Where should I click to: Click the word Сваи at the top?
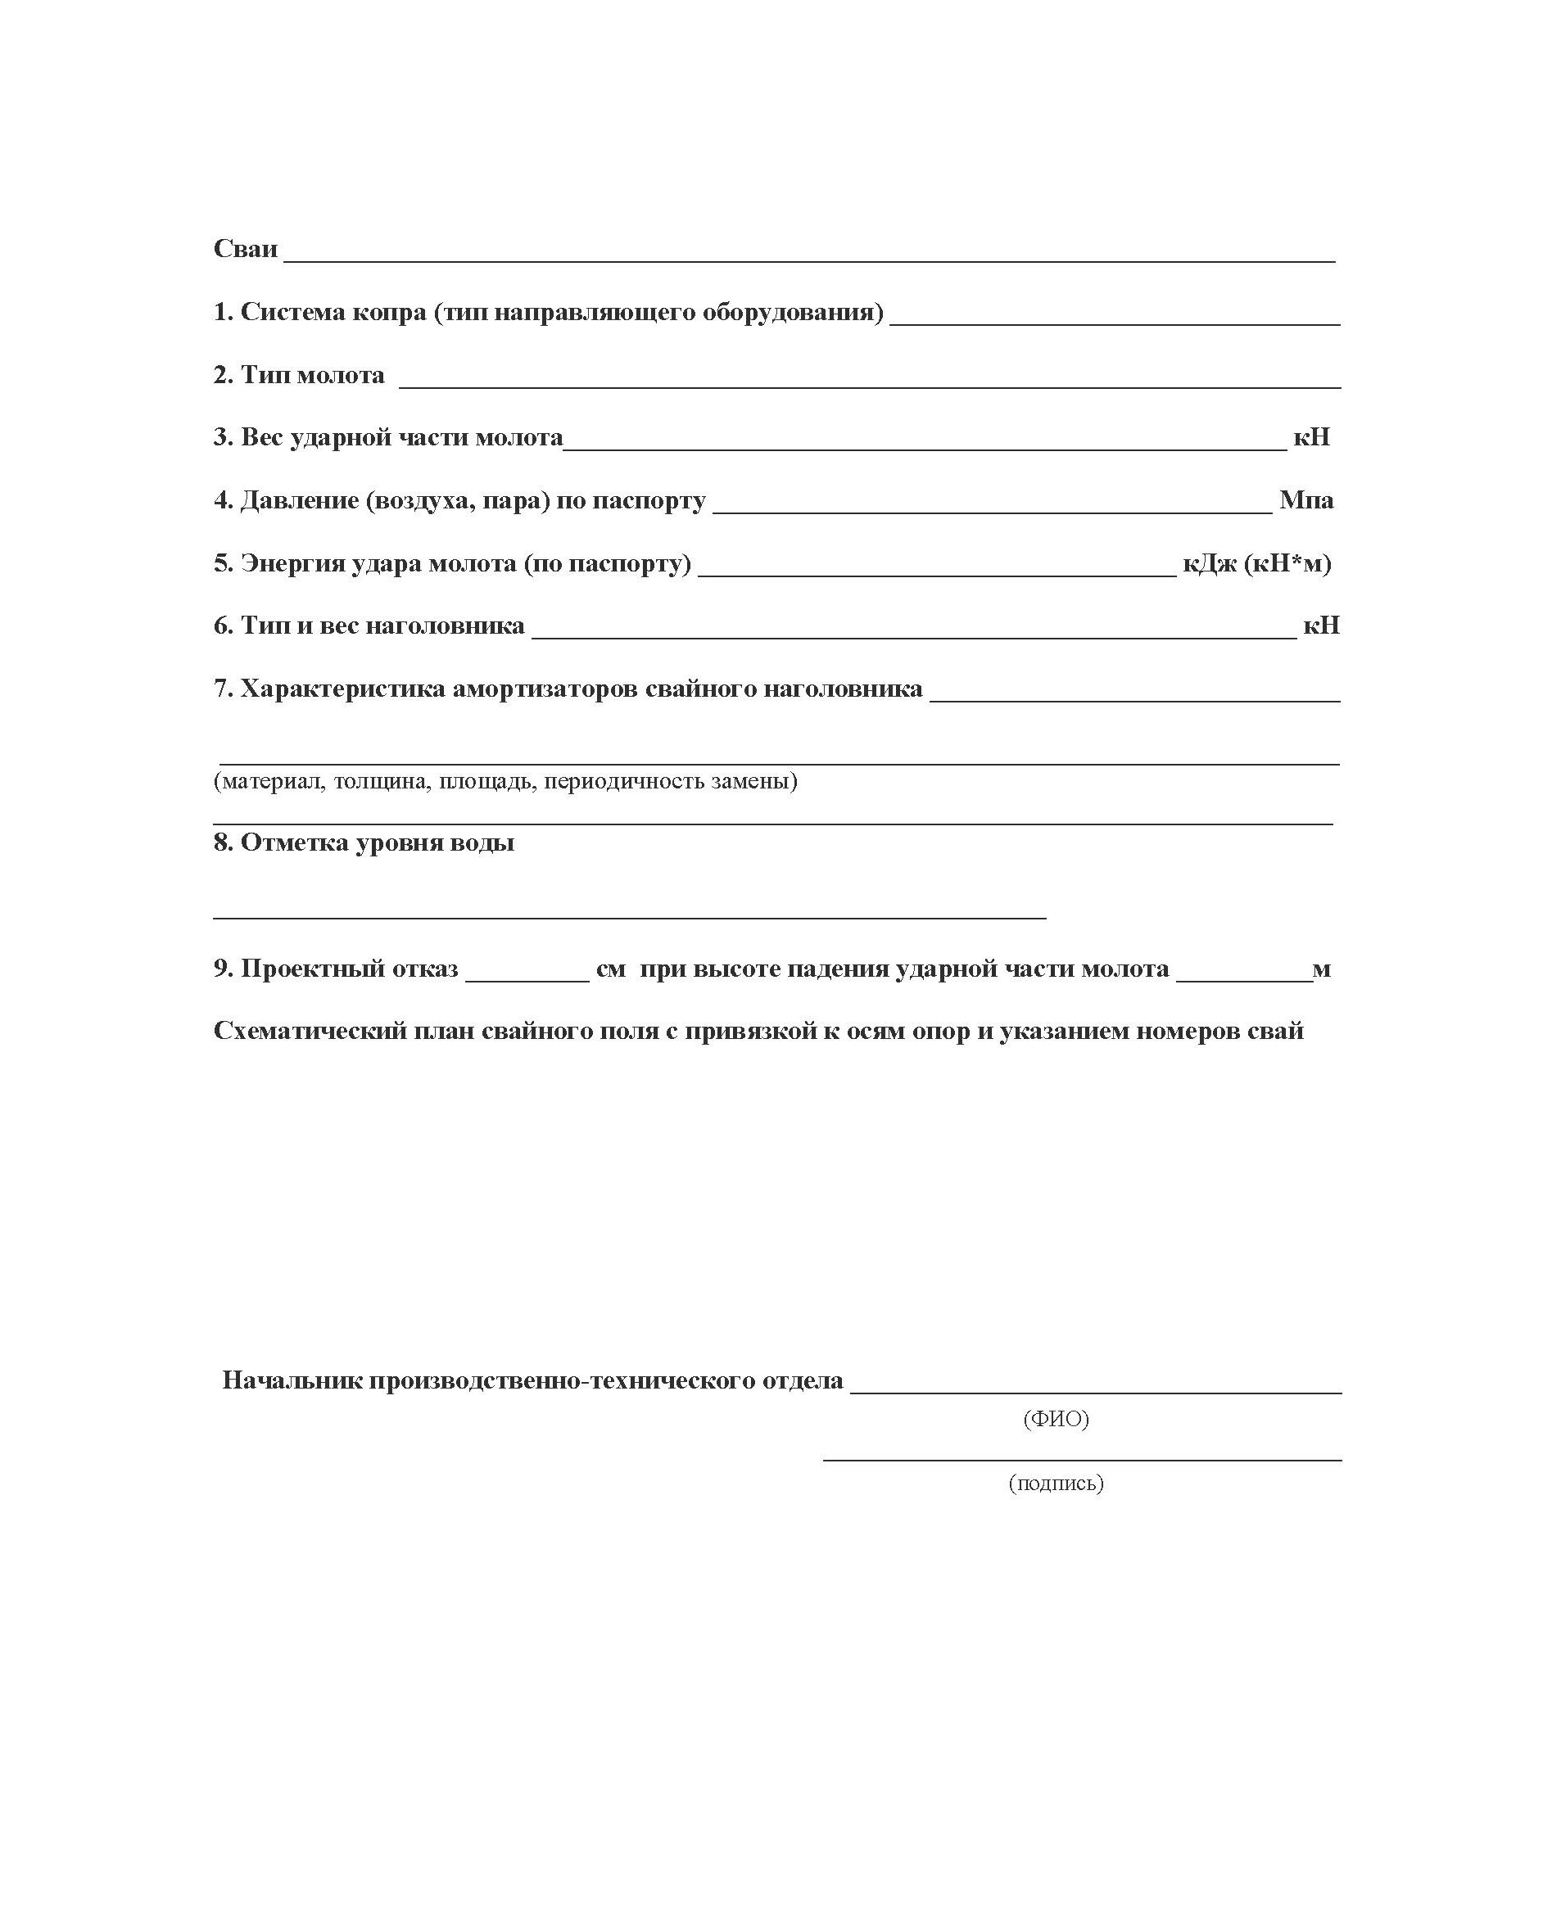[x=245, y=248]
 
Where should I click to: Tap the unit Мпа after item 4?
[x=1305, y=499]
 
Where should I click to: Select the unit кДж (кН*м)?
[x=1256, y=563]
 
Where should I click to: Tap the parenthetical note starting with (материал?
[x=505, y=781]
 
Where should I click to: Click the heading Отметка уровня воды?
[x=363, y=842]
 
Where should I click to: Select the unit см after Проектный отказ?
[x=611, y=969]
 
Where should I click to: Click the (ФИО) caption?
[x=1056, y=1419]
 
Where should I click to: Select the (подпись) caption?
[x=1056, y=1484]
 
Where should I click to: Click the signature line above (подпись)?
[x=1082, y=1459]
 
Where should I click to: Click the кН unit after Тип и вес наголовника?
[x=1320, y=626]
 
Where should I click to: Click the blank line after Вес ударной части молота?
[x=925, y=448]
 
